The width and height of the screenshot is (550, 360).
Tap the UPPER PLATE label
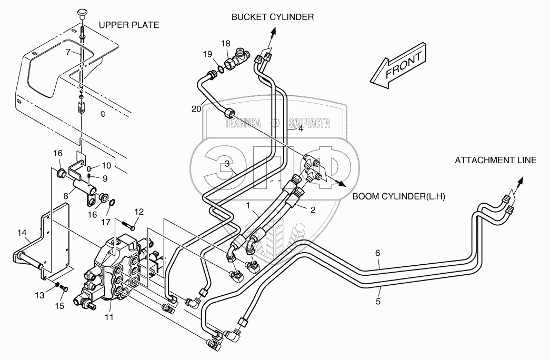coord(128,25)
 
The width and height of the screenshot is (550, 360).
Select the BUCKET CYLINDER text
coord(273,17)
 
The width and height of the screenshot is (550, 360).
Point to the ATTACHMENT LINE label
coord(495,160)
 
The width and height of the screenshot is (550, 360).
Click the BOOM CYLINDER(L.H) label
coord(398,196)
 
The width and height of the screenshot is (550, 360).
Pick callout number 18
coord(225,43)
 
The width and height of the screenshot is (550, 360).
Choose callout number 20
coord(196,109)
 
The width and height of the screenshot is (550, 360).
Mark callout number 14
coord(22,233)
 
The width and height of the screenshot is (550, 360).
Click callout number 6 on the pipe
coord(377,253)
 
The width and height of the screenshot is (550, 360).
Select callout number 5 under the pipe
coord(377,302)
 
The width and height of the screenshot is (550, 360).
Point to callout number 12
coord(139,212)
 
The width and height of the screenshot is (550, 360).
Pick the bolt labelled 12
coord(130,226)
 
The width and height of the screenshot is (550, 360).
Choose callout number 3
coord(227,164)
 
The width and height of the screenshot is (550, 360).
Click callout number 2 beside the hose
coord(312,209)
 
